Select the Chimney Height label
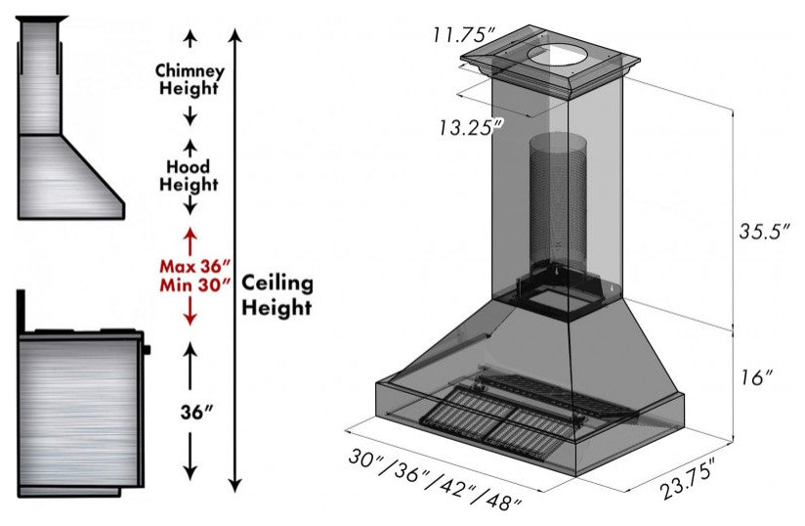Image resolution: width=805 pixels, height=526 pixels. click(x=191, y=79)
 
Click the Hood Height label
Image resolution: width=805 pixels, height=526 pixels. click(x=190, y=175)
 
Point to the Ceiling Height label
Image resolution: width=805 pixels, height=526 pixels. click(x=277, y=295)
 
